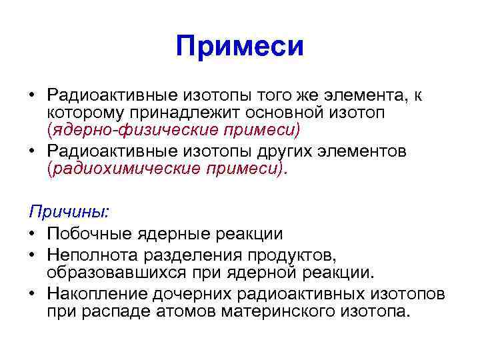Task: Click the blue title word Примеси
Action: coord(240,47)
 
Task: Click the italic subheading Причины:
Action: coord(69,211)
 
